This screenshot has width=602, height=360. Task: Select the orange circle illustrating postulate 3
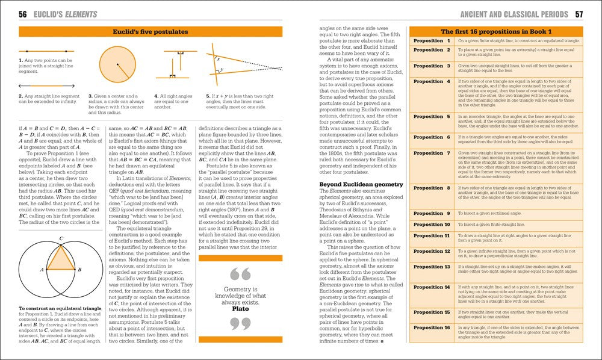point(118,65)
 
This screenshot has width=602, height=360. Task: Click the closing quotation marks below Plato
point(241,324)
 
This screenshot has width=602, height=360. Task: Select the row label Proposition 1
point(432,41)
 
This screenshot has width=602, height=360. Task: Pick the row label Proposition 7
point(432,153)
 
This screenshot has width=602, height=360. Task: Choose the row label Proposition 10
point(432,225)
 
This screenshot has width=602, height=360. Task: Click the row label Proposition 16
point(432,327)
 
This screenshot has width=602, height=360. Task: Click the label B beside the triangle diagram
point(80,270)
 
